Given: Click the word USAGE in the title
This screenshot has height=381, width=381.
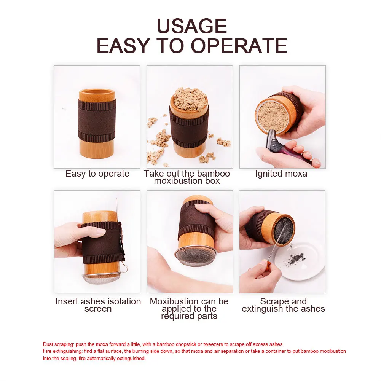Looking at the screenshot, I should coord(191,26).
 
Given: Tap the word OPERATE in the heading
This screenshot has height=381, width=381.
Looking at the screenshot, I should coord(239,46).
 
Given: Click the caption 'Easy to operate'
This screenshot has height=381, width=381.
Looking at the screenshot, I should coord(97,174).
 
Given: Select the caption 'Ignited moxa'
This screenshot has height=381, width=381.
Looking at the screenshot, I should coord(281,174).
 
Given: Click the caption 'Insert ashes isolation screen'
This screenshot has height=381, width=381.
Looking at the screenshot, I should coord(98,305).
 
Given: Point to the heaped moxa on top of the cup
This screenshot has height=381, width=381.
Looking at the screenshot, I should coord(190,99).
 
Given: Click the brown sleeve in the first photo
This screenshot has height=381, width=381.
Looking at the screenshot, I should coord(97,120).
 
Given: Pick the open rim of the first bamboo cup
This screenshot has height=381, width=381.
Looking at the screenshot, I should coord(97,92).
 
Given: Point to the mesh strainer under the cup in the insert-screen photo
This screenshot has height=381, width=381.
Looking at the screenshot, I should coord(101,279).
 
